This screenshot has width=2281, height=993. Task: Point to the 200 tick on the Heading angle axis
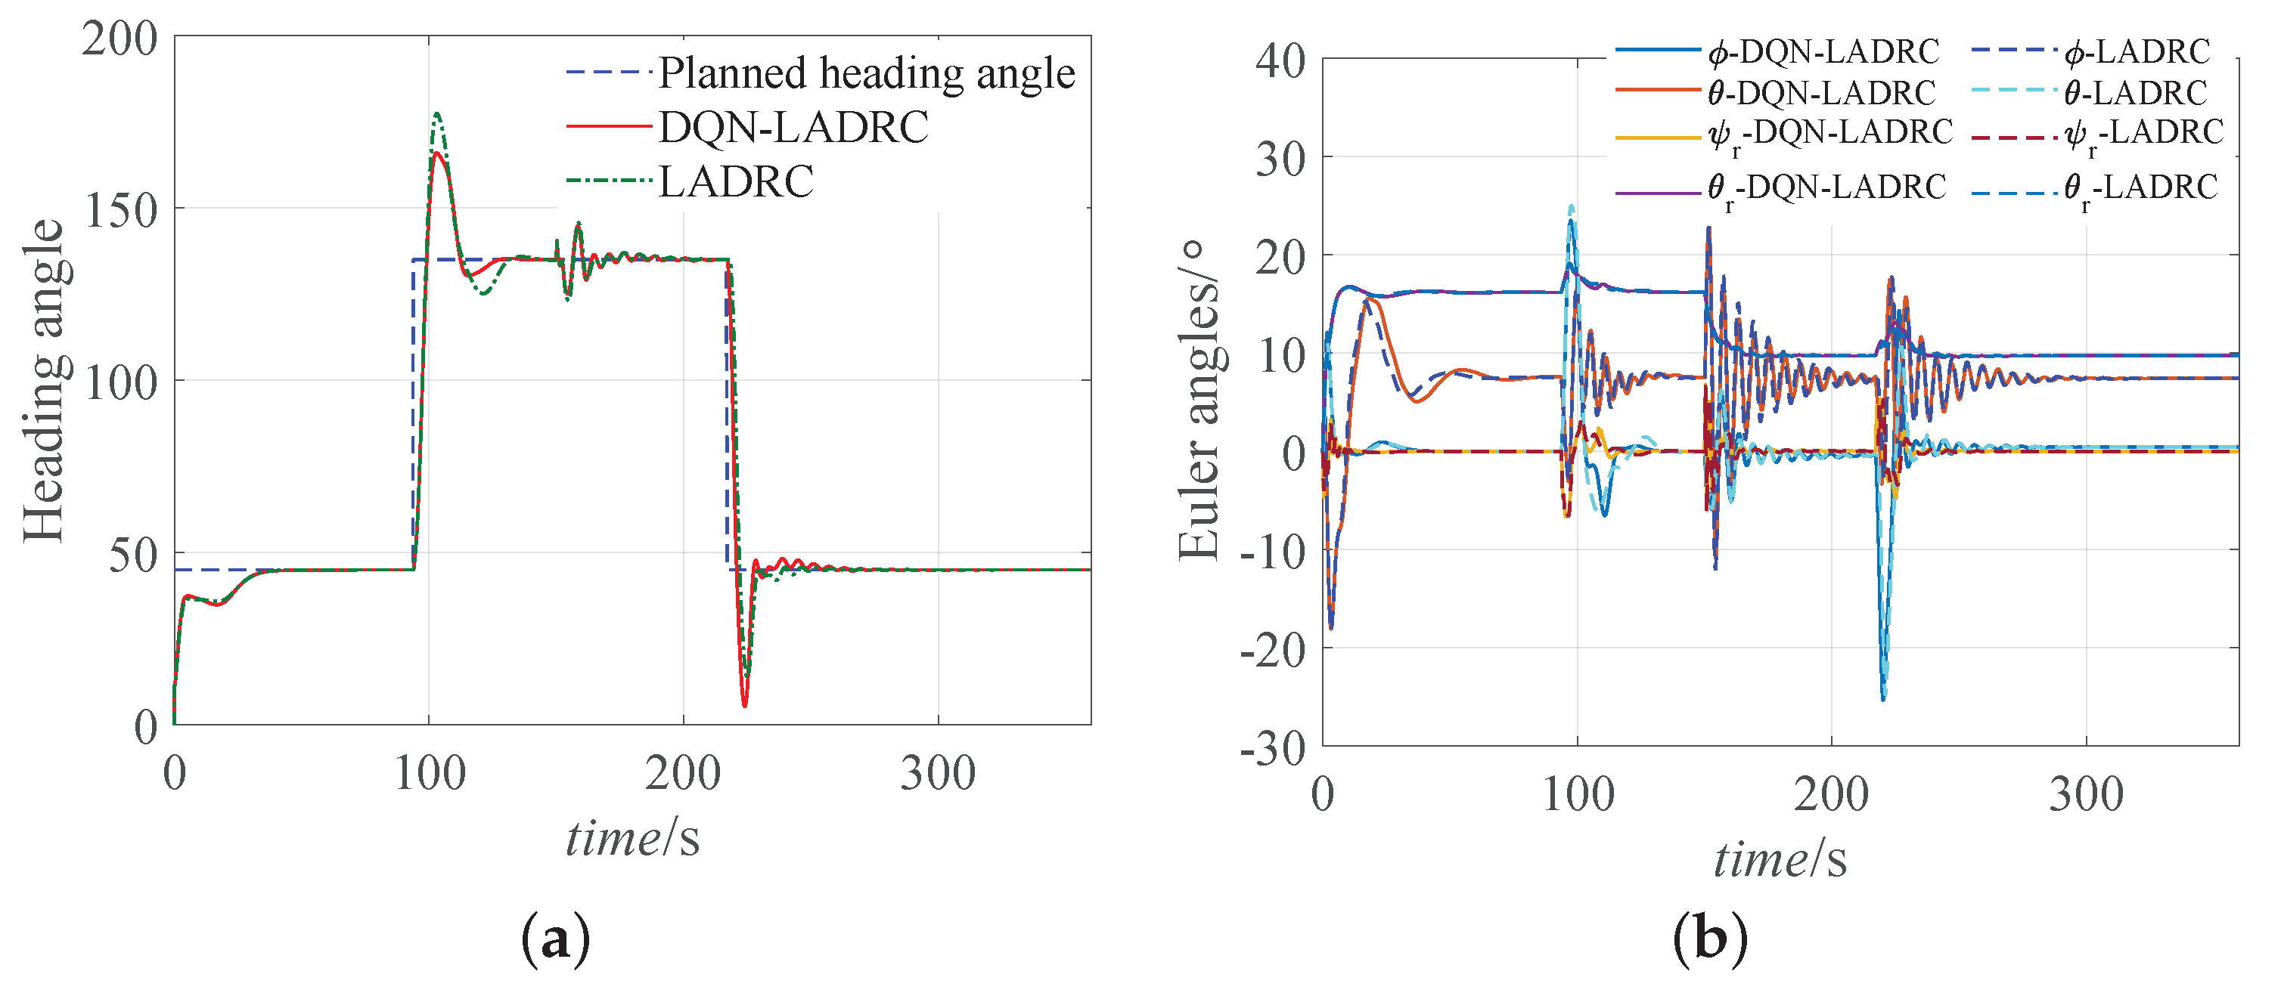pyautogui.click(x=119, y=39)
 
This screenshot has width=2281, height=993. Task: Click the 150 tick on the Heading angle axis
pyautogui.click(x=119, y=211)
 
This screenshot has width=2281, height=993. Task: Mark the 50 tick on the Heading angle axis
pyautogui.click(x=133, y=555)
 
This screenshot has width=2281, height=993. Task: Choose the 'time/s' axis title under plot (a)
pyautogui.click(x=632, y=837)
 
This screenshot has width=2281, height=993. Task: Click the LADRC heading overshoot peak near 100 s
pyautogui.click(x=436, y=113)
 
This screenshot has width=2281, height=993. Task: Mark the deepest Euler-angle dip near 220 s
pyautogui.click(x=1882, y=700)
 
